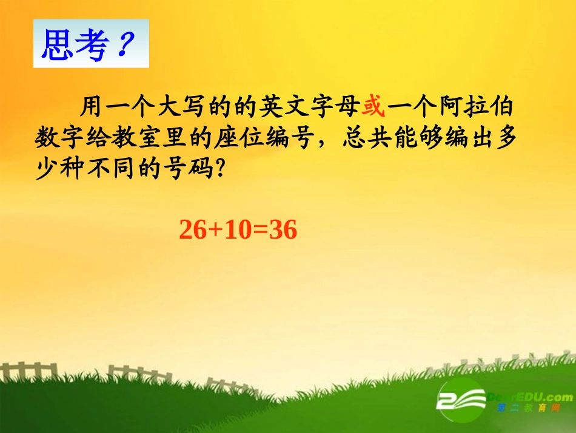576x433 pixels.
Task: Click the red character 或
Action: pos(373,107)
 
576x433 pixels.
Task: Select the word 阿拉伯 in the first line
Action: pos(481,107)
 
